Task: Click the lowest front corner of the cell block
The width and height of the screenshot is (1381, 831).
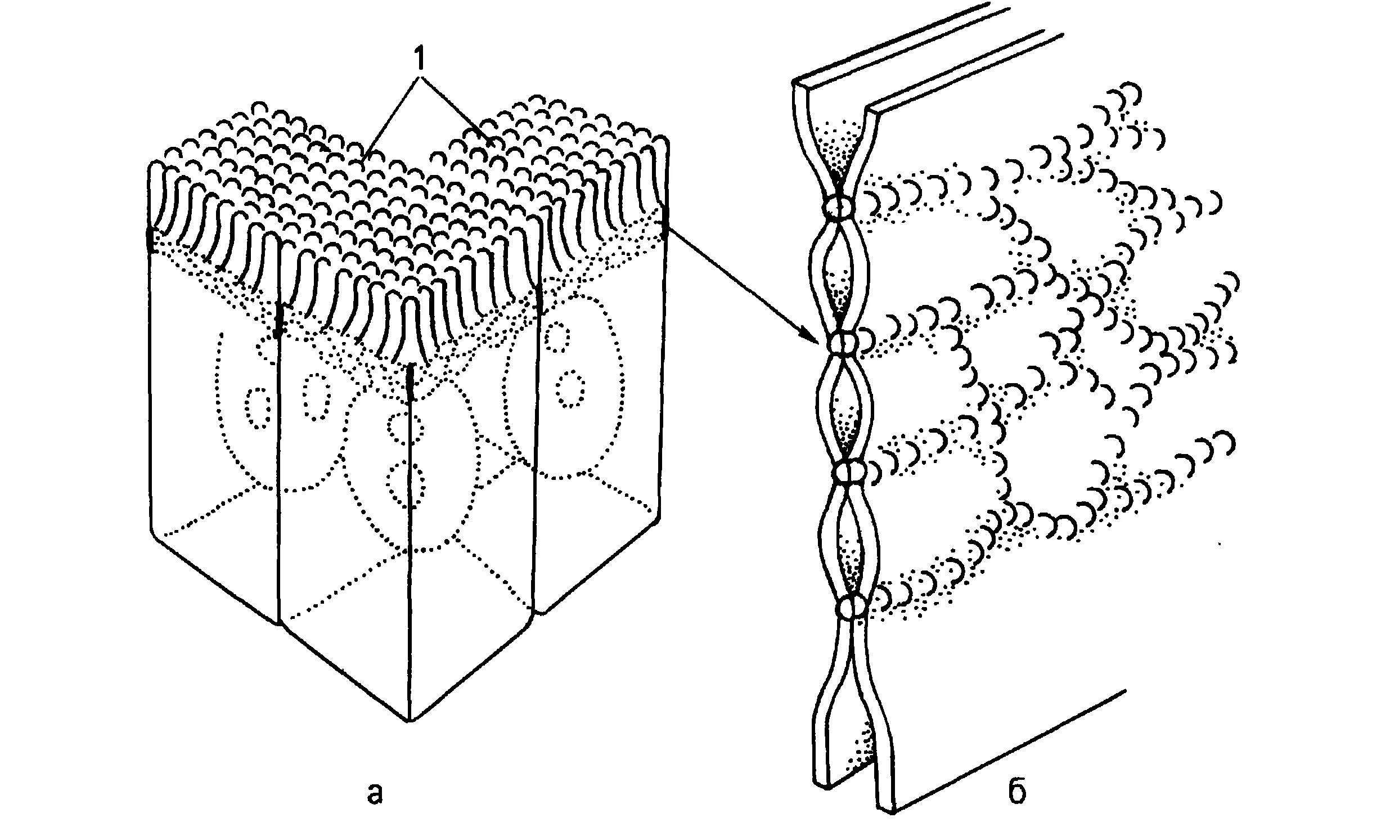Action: coord(410,720)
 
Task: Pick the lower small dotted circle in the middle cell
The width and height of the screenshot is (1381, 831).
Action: coord(405,483)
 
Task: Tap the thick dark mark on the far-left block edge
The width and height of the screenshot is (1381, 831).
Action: coord(150,239)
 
